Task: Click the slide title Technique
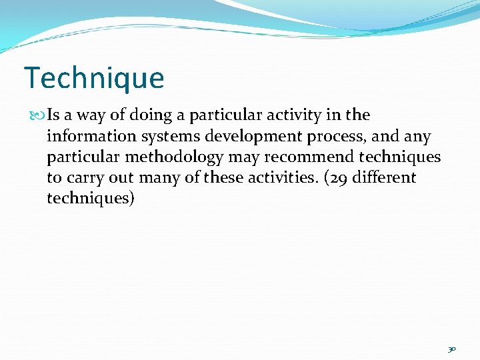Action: (x=93, y=78)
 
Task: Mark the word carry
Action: (x=87, y=178)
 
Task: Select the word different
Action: (x=389, y=178)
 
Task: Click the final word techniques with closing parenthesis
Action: (x=91, y=199)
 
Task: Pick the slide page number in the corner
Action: (x=451, y=349)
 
